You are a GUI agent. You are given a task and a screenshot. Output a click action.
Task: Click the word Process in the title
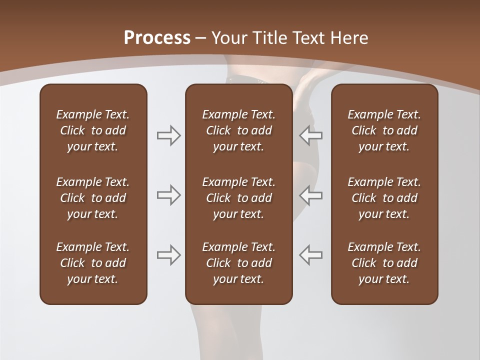coord(157,38)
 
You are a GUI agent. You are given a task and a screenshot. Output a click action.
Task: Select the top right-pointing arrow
coord(168,135)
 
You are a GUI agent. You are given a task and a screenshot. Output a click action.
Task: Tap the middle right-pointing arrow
coord(168,195)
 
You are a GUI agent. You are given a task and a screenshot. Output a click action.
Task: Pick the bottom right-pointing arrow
coord(168,255)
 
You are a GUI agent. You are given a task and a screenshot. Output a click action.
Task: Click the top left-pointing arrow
coord(311,135)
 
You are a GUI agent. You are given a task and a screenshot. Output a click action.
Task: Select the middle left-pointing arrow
coord(311,195)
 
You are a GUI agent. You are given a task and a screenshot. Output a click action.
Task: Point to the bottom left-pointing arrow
coord(311,255)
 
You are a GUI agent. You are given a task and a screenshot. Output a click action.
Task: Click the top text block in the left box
coord(93,130)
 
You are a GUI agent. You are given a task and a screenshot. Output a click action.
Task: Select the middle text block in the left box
coord(93,198)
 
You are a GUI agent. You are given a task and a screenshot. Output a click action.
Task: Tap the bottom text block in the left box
coord(93,263)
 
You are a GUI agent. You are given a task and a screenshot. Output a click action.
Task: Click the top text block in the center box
coord(238,130)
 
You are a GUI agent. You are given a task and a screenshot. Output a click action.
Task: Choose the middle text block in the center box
coord(238,198)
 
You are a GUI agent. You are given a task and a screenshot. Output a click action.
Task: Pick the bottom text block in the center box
coord(238,263)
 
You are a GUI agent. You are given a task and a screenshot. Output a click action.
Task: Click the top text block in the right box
coord(384,130)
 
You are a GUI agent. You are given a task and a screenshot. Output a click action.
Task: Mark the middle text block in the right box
coord(384,198)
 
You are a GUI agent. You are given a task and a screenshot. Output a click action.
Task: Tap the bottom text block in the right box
coord(384,263)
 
